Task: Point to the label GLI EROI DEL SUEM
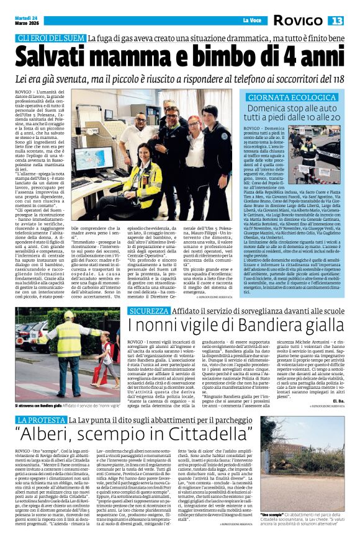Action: click(x=52, y=39)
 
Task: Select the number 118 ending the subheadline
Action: click(x=336, y=79)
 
